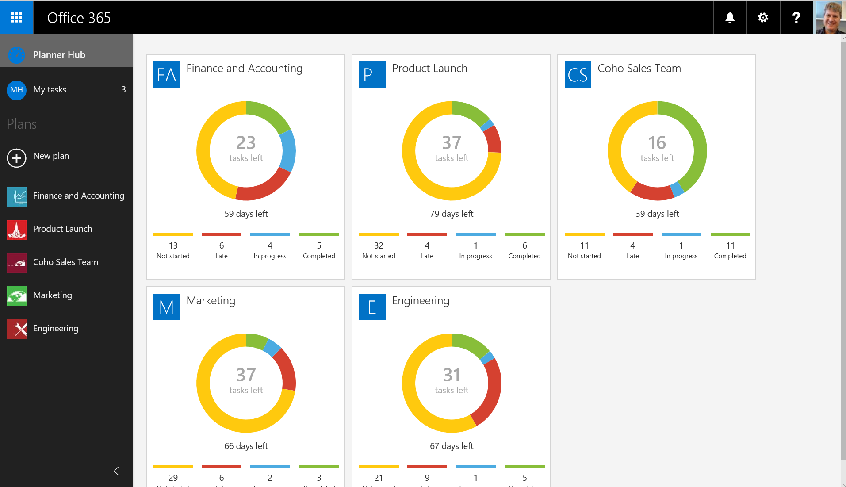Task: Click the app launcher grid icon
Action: (x=16, y=17)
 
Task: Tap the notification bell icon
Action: (x=730, y=17)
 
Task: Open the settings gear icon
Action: (x=763, y=17)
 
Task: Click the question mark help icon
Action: (x=796, y=17)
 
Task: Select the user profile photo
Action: (x=830, y=17)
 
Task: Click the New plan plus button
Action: (x=16, y=158)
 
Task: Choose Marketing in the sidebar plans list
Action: (x=52, y=295)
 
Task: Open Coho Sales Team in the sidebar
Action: (x=65, y=262)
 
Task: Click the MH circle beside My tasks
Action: (x=16, y=90)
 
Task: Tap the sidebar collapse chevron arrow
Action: (x=116, y=471)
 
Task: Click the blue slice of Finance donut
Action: (x=288, y=150)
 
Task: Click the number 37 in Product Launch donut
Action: (x=452, y=143)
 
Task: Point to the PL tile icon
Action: (x=372, y=75)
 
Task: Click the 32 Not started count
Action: (x=379, y=245)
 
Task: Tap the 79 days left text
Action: (x=452, y=214)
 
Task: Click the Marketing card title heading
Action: (x=211, y=300)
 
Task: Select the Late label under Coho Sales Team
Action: (x=632, y=256)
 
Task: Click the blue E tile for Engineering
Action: (x=372, y=307)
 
